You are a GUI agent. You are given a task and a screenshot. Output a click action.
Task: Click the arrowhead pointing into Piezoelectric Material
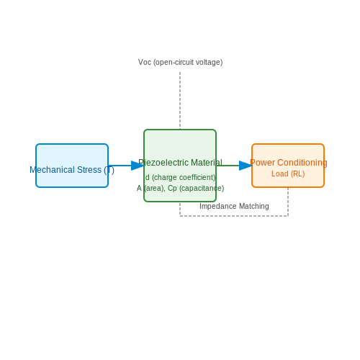pyautogui.click(x=138, y=166)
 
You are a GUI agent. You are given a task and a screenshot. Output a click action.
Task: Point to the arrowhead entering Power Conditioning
pyautogui.click(x=246, y=166)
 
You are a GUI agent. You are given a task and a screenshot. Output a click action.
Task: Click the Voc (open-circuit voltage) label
pyautogui.click(x=181, y=63)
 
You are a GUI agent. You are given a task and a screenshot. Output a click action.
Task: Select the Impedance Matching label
pyautogui.click(x=234, y=206)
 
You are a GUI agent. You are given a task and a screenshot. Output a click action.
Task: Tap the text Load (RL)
pyautogui.click(x=288, y=174)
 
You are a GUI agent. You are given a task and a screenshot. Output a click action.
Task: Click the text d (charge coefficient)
pyautogui.click(x=181, y=177)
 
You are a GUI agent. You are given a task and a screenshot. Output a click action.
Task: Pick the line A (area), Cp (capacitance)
pyautogui.click(x=181, y=188)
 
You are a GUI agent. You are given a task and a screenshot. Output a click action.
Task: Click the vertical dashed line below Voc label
pyautogui.click(x=180, y=101)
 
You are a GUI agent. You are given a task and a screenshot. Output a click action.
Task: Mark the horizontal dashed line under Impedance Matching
pyautogui.click(x=234, y=216)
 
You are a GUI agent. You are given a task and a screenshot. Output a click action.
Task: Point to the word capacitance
pyautogui.click(x=202, y=189)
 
